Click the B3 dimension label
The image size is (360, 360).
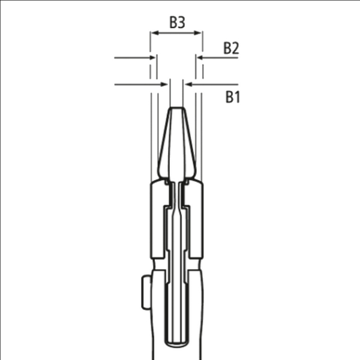[177, 22]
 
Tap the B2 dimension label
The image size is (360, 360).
[231, 48]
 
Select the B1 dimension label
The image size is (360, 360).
[233, 97]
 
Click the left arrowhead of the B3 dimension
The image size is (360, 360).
[155, 33]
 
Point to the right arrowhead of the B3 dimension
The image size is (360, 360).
[197, 33]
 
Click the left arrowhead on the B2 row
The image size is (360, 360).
[152, 58]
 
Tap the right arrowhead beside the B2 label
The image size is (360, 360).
[200, 58]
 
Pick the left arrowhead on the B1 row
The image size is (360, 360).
[164, 85]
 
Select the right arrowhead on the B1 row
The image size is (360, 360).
[188, 85]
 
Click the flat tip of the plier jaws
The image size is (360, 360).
[176, 107]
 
